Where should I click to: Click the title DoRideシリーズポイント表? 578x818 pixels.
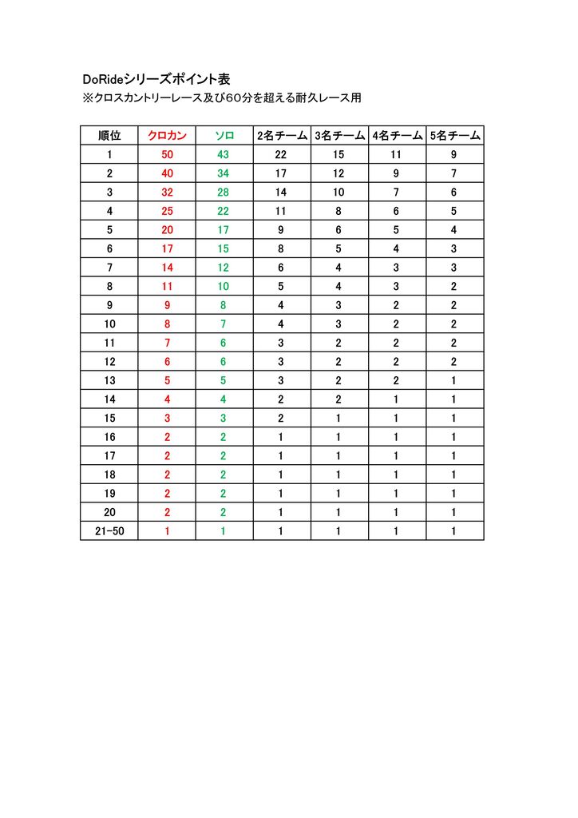coord(156,79)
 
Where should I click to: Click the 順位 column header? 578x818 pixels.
coord(109,136)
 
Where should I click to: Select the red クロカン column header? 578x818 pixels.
coord(167,136)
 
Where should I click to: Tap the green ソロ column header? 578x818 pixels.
coord(224,136)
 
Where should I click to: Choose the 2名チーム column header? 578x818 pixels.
coord(282,136)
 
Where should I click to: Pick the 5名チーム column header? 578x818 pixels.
coord(454,136)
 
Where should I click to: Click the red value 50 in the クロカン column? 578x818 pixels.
coord(167,154)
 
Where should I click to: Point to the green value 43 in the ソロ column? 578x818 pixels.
coord(224,154)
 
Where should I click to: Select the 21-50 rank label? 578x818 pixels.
coord(109,530)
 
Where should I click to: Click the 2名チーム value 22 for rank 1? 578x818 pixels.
coord(281,154)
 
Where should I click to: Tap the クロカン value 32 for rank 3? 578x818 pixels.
coord(167,193)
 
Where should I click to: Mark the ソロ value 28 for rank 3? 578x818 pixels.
coord(224,193)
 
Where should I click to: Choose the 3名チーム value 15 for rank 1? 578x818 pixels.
coord(339,154)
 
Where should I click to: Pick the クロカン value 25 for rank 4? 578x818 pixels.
coord(167,211)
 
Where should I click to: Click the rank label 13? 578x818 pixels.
coord(109,380)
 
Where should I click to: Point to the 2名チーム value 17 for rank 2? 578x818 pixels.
coord(281,173)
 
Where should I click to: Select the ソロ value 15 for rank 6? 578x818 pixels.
coord(224,248)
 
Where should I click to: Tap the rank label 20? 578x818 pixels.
coord(109,512)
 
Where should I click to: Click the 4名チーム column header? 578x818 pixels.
coord(397,136)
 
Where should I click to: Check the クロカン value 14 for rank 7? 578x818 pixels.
coord(167,268)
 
